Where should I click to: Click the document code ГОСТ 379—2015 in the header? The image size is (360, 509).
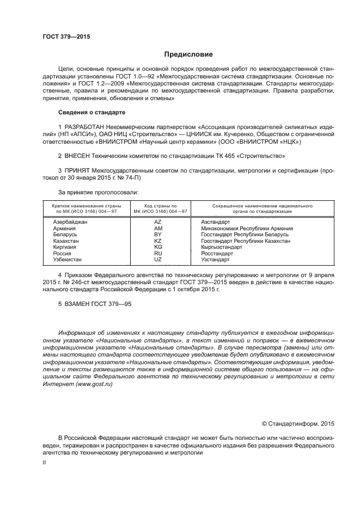[66, 36]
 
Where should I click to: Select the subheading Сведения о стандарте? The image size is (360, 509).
[91, 112]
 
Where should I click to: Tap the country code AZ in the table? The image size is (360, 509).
[158, 222]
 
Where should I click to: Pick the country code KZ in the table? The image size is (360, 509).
[158, 241]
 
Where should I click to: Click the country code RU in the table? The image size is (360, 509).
[158, 253]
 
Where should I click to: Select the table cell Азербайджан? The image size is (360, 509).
[70, 222]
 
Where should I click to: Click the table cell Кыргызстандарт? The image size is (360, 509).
[224, 247]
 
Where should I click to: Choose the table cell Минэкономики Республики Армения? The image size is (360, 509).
[247, 229]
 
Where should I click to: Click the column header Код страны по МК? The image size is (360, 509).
[158, 209]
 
